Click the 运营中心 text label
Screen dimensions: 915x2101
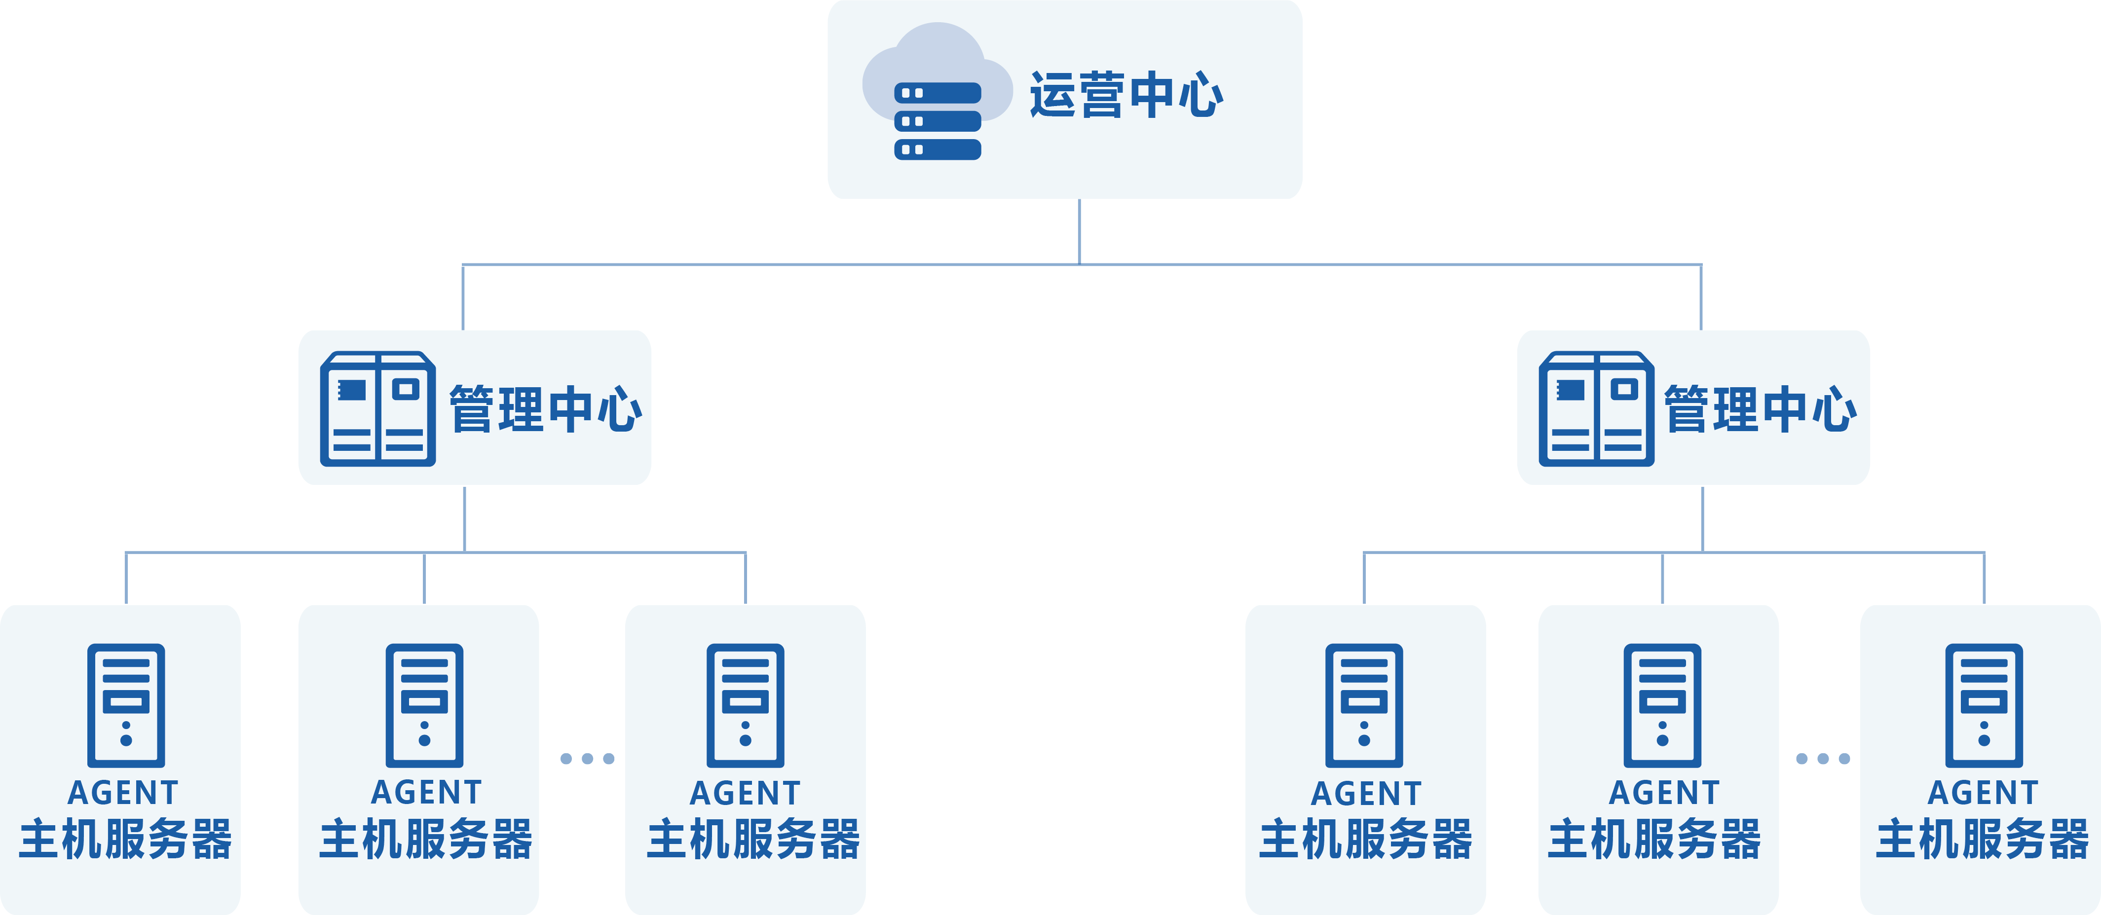(x=1126, y=95)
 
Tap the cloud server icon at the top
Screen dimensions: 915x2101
(x=937, y=90)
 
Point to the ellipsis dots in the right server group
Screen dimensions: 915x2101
(x=1823, y=759)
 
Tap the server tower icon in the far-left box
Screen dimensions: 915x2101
(x=126, y=705)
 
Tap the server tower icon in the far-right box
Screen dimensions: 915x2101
(x=1984, y=705)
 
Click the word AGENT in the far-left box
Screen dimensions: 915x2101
(x=123, y=793)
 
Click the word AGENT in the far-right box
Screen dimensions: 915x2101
(x=1983, y=793)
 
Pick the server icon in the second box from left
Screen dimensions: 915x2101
(x=424, y=705)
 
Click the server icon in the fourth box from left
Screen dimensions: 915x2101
(x=1364, y=705)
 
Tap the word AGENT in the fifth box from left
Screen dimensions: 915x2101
(x=1664, y=793)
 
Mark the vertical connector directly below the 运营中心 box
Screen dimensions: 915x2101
(x=1079, y=232)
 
